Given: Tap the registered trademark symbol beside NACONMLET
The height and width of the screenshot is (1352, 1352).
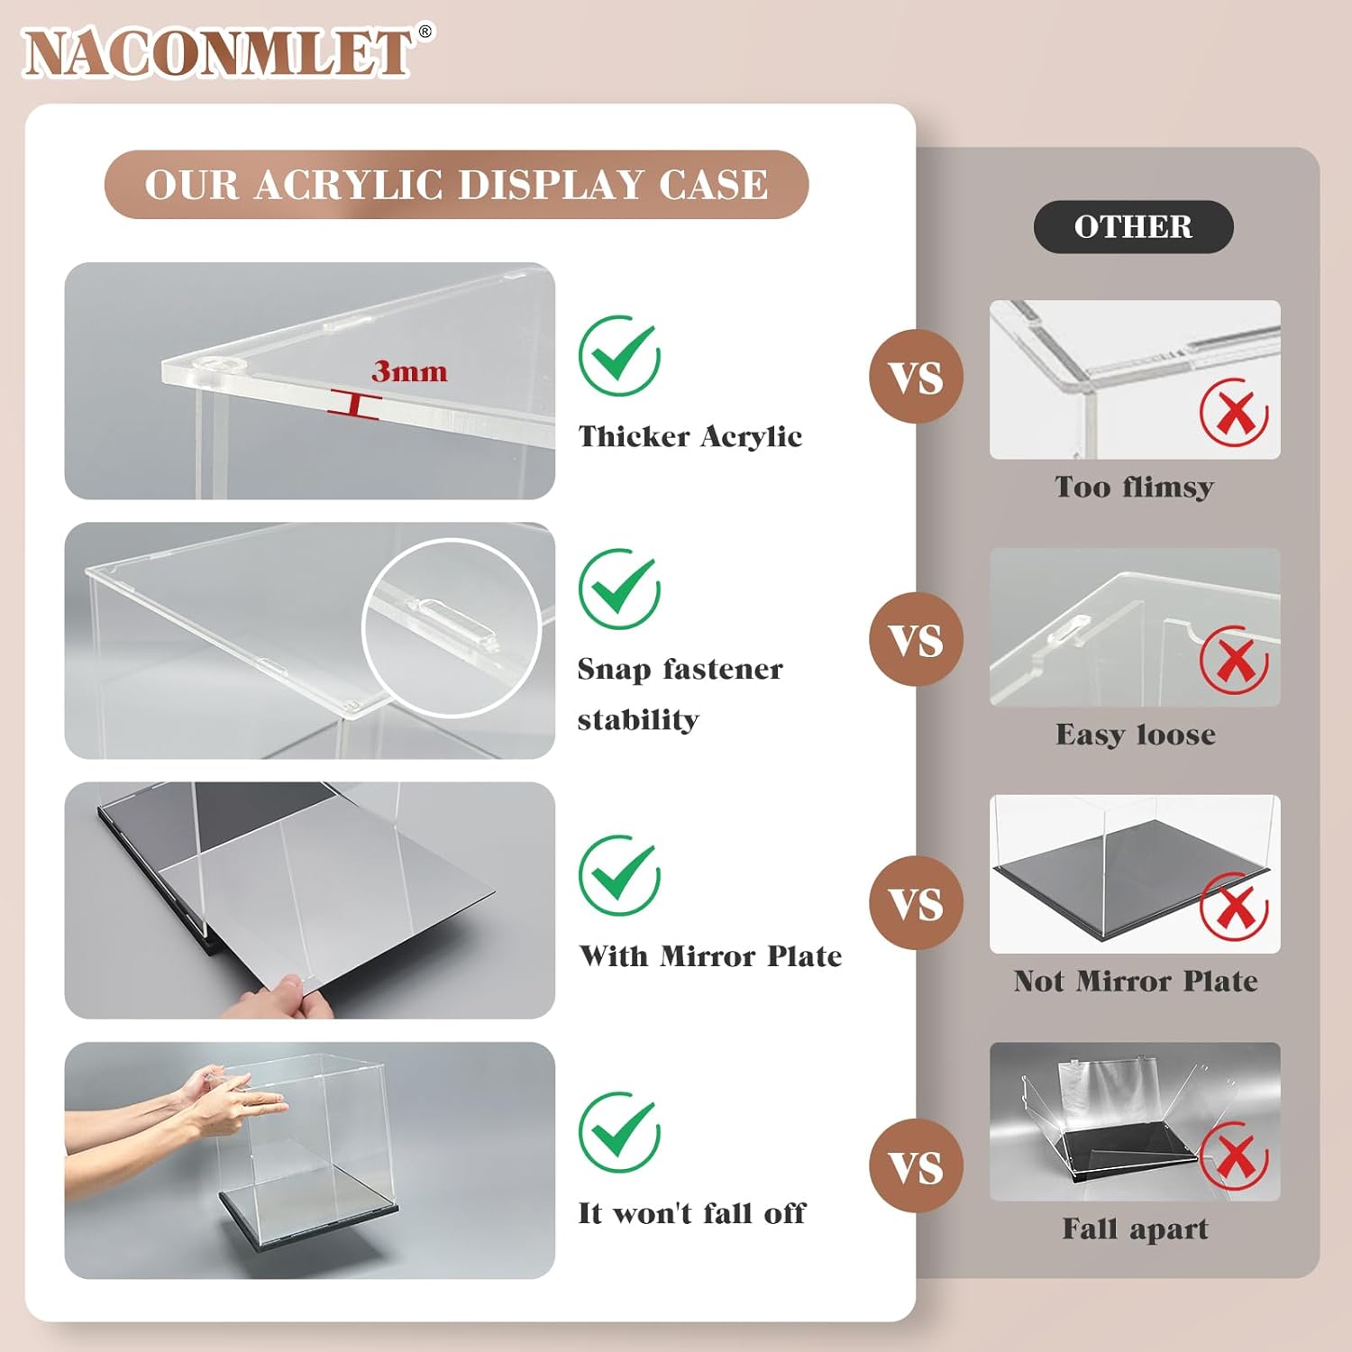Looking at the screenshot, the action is [x=425, y=32].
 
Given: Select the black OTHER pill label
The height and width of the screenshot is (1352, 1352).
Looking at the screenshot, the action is [x=1133, y=227].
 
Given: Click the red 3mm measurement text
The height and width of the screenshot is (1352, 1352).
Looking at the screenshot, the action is [x=409, y=371].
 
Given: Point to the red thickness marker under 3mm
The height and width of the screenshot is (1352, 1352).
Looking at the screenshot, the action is [x=354, y=405].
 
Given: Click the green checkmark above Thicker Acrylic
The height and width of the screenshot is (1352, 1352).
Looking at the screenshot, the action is [x=620, y=355].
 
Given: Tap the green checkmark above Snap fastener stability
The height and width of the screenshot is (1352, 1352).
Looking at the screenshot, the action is [x=620, y=588].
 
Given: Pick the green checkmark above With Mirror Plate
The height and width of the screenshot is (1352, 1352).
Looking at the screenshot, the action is [x=620, y=875].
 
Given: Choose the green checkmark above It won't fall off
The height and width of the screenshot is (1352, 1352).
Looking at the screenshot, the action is [x=620, y=1132].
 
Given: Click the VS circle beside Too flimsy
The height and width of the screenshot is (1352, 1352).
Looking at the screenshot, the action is [x=917, y=377].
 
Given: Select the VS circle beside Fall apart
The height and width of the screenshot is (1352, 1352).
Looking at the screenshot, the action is [x=917, y=1166].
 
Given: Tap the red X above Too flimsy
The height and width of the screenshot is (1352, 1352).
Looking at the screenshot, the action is [x=1234, y=413].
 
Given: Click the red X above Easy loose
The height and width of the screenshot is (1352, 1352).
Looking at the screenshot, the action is [x=1234, y=660].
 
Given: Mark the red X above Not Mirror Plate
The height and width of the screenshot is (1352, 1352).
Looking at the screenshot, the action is [x=1234, y=907].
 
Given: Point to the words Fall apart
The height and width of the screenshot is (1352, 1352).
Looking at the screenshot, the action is [x=1135, y=1229].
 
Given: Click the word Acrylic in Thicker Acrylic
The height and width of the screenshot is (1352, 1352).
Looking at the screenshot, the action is [x=751, y=436].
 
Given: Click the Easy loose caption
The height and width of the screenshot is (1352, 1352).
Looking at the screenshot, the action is [x=1136, y=735].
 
